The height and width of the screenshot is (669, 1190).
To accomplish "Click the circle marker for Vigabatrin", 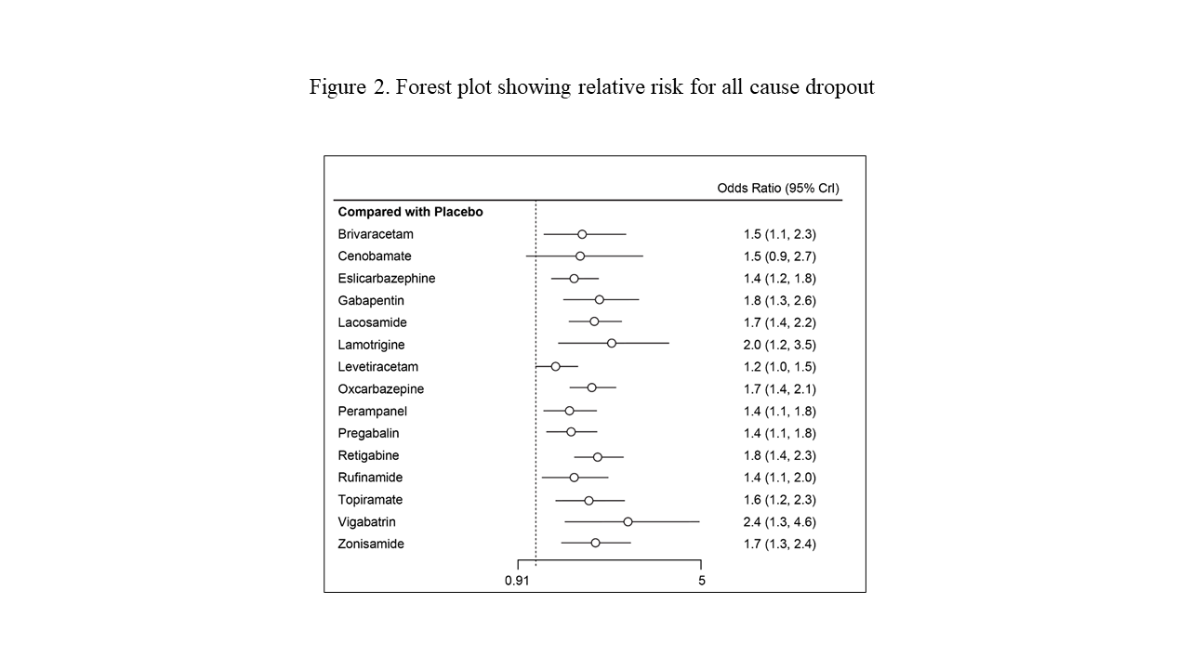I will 628,521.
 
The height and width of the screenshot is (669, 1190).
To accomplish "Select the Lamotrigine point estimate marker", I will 612,344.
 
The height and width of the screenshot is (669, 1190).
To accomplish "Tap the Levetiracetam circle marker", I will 556,366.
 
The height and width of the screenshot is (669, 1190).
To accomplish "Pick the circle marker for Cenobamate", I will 580,256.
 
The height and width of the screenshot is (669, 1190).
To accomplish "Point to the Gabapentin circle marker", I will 600,299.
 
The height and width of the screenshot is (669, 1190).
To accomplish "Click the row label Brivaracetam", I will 376,234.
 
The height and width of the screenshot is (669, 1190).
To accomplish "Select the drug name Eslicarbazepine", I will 387,279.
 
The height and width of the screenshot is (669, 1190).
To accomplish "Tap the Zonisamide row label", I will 371,544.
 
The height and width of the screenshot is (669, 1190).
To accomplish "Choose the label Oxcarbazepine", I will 381,389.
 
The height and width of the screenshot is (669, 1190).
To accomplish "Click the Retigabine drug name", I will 369,455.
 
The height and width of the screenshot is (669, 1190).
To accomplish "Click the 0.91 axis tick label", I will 518,581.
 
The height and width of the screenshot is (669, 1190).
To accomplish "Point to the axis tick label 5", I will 702,581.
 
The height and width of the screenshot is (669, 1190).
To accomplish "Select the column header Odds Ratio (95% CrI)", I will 778,189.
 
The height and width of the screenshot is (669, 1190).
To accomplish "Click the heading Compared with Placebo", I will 411,212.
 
